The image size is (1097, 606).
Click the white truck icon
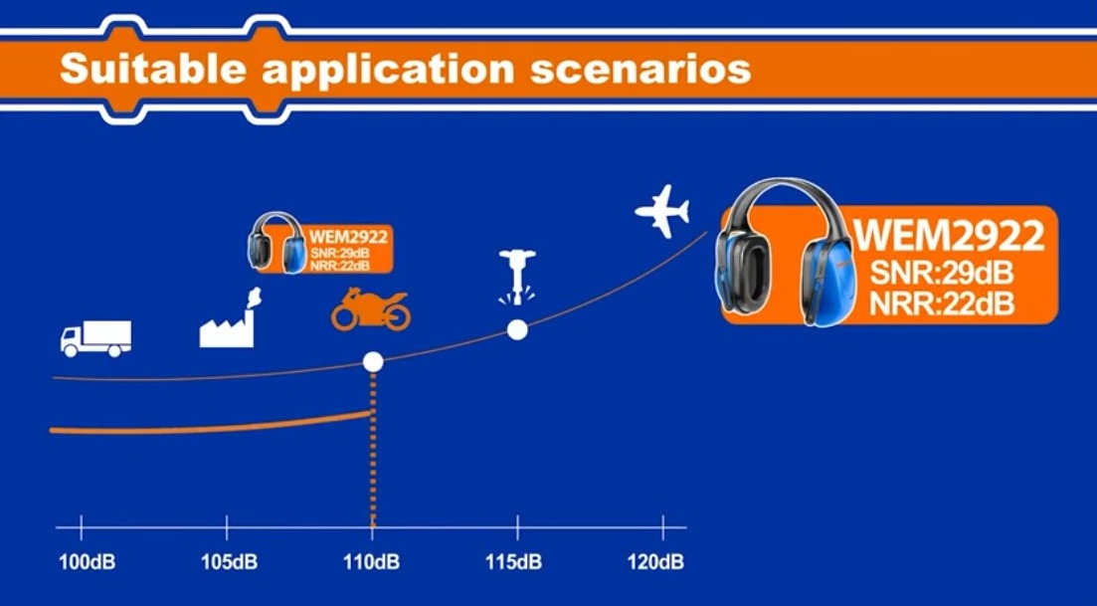[95, 338]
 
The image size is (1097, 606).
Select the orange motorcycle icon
[371, 309]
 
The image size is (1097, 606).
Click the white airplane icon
[662, 211]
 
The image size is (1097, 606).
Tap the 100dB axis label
[87, 561]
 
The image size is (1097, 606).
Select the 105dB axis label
[230, 561]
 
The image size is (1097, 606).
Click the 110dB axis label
[372, 561]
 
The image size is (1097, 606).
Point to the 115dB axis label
[514, 561]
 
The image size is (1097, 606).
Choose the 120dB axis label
[656, 561]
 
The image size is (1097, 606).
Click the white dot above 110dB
[373, 362]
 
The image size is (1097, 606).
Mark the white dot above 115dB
[517, 329]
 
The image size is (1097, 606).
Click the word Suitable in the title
[153, 70]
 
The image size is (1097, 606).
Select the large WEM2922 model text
[949, 235]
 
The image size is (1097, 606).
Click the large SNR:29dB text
[942, 273]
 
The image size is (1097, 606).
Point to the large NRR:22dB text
[942, 303]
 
